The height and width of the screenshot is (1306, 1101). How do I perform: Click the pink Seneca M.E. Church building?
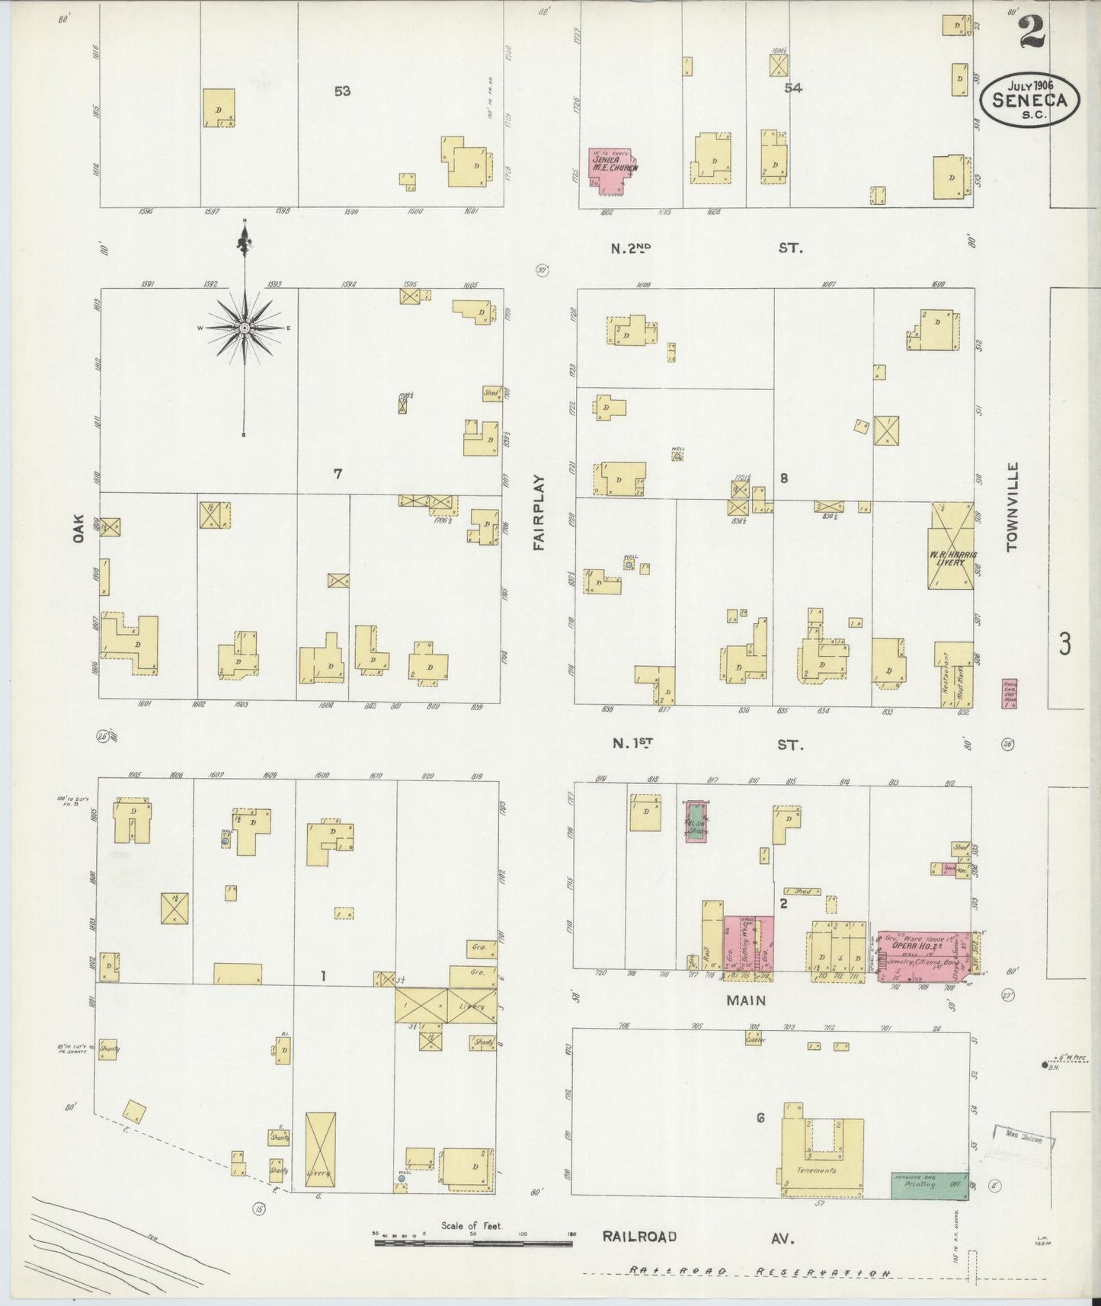coord(610,171)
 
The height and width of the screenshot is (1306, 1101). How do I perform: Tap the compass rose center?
coord(245,328)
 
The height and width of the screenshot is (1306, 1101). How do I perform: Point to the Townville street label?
coord(1012,506)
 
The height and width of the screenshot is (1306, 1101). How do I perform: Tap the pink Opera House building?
coord(922,956)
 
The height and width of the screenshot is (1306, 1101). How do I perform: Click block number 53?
coord(342,91)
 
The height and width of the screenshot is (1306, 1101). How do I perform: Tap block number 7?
coord(338,474)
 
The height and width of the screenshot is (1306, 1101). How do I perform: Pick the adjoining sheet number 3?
coord(1064,644)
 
